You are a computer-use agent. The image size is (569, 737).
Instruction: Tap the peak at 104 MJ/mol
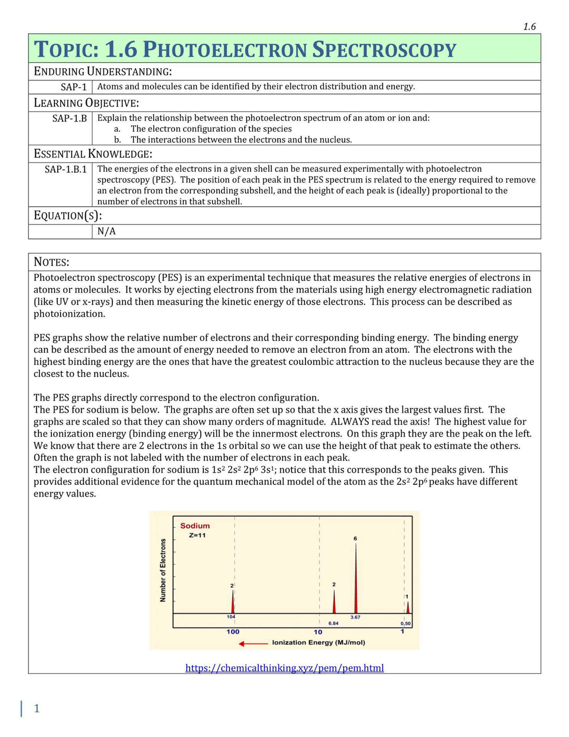tap(233, 603)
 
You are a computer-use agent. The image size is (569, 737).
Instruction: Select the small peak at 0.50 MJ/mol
tap(408, 608)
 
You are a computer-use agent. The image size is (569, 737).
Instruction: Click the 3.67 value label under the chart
tap(355, 617)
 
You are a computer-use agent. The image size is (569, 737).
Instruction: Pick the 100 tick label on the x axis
tap(233, 632)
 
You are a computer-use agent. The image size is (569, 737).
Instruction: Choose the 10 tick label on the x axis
tap(318, 632)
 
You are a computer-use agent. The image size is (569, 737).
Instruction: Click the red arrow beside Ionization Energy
tap(253, 644)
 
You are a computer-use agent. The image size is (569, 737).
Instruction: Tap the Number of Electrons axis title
tap(163, 570)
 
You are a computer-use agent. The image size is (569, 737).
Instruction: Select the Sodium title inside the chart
tap(195, 525)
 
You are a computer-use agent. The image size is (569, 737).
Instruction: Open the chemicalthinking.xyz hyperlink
tap(284, 668)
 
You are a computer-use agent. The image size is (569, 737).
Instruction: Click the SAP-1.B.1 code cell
tap(65, 169)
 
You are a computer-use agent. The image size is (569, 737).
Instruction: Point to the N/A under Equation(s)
tap(106, 231)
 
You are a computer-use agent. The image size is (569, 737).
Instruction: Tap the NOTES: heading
tap(51, 262)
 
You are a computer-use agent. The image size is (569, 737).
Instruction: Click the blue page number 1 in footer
tap(37, 709)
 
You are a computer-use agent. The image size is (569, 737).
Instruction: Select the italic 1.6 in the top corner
tap(529, 27)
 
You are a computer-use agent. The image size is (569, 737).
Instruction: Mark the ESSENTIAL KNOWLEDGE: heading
tap(93, 154)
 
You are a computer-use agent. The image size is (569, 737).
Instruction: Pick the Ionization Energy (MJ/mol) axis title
tap(319, 643)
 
